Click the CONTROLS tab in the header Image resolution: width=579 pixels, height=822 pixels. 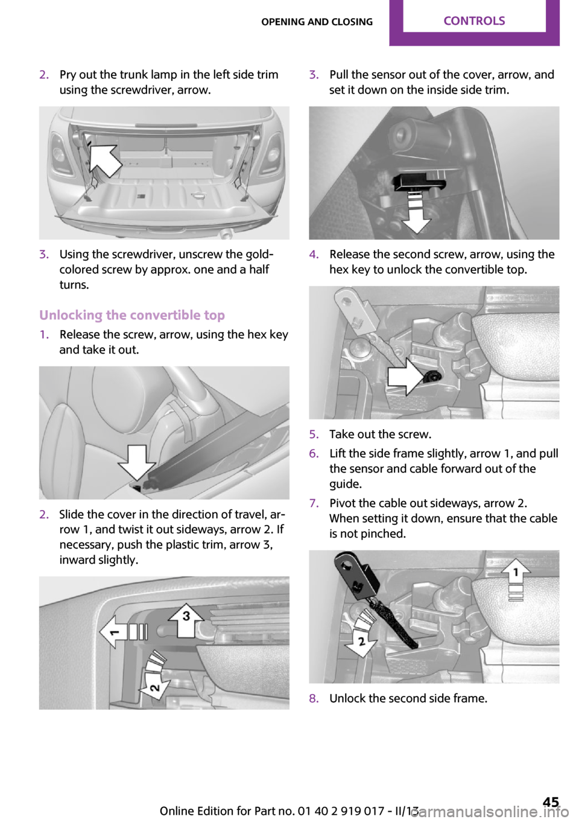click(474, 21)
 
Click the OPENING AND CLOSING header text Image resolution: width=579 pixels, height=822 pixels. click(317, 22)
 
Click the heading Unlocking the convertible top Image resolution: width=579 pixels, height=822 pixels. click(131, 315)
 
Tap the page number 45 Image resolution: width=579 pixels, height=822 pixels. click(550, 802)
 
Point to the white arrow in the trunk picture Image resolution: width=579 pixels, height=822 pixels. click(105, 159)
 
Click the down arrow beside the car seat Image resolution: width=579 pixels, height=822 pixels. click(137, 462)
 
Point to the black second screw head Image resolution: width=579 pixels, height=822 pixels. click(432, 377)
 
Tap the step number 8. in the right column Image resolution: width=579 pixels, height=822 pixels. click(314, 698)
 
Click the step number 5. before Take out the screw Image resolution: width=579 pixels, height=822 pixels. click(314, 434)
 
